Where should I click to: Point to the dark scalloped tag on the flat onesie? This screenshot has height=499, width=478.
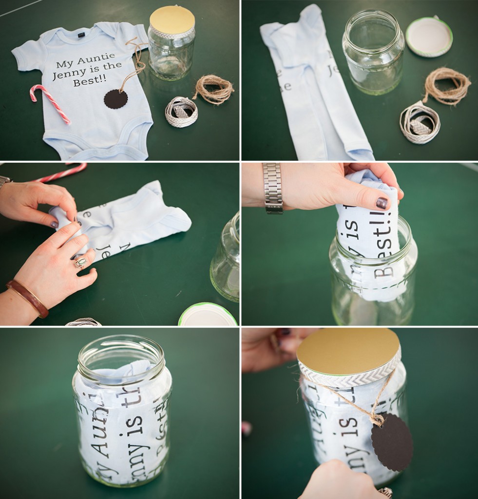point(115,99)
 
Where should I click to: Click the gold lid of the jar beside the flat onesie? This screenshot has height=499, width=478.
point(172,19)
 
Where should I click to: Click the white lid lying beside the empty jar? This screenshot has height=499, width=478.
point(429,36)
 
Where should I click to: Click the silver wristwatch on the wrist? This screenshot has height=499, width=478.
point(273,188)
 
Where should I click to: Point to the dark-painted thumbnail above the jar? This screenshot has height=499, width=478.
point(382,203)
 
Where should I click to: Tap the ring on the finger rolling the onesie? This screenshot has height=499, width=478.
point(80,263)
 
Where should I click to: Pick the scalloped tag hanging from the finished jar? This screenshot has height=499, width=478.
point(392,441)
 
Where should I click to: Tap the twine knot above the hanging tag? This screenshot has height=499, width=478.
point(376,418)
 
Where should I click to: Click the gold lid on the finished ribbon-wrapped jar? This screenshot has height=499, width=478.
point(348,350)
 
